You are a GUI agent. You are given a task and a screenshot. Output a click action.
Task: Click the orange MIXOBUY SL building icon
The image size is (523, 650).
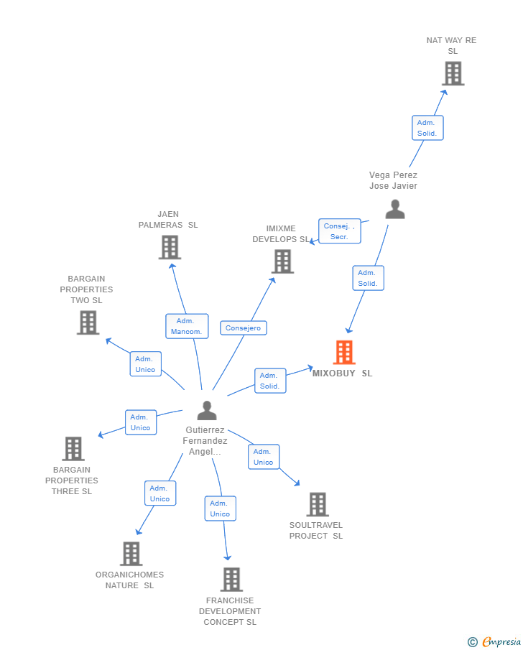344,353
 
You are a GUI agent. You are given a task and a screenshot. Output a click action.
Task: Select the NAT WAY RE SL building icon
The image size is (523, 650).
453,73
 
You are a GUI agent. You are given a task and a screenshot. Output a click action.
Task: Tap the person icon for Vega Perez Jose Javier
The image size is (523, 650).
395,209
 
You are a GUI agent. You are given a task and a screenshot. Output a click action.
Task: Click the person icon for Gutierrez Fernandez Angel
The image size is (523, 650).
207,411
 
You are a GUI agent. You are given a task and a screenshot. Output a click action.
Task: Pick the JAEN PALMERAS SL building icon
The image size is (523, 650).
170,247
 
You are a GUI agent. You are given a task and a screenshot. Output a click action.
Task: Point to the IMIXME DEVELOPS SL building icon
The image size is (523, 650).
283,261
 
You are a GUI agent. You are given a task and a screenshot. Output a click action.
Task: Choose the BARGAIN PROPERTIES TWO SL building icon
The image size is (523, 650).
88,322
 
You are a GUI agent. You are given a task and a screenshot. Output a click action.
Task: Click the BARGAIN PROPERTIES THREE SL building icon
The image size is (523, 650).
73,449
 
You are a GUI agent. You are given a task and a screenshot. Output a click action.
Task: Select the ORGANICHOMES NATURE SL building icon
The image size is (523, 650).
131,554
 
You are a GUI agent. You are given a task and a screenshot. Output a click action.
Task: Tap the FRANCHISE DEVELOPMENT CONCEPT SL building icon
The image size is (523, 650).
231,579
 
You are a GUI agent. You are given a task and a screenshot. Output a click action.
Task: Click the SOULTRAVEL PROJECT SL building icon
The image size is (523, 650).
318,504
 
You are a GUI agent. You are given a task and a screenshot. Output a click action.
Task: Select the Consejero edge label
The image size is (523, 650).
243,328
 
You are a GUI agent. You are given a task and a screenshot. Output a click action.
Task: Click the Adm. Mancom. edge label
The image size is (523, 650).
187,326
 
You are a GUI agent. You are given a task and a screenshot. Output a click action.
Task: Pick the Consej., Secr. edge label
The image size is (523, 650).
339,231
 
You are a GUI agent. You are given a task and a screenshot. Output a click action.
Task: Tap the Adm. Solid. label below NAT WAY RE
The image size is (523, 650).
427,128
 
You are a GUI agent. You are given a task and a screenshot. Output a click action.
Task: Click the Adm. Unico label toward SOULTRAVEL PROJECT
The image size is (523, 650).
264,457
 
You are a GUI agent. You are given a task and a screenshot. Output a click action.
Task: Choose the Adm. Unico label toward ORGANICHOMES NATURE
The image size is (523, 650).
160,493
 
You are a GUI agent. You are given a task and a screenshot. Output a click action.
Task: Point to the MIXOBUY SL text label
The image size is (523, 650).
342,373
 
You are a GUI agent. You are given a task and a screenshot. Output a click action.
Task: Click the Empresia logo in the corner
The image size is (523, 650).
494,641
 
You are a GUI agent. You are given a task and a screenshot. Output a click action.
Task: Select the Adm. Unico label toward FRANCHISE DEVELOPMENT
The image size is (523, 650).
220,509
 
